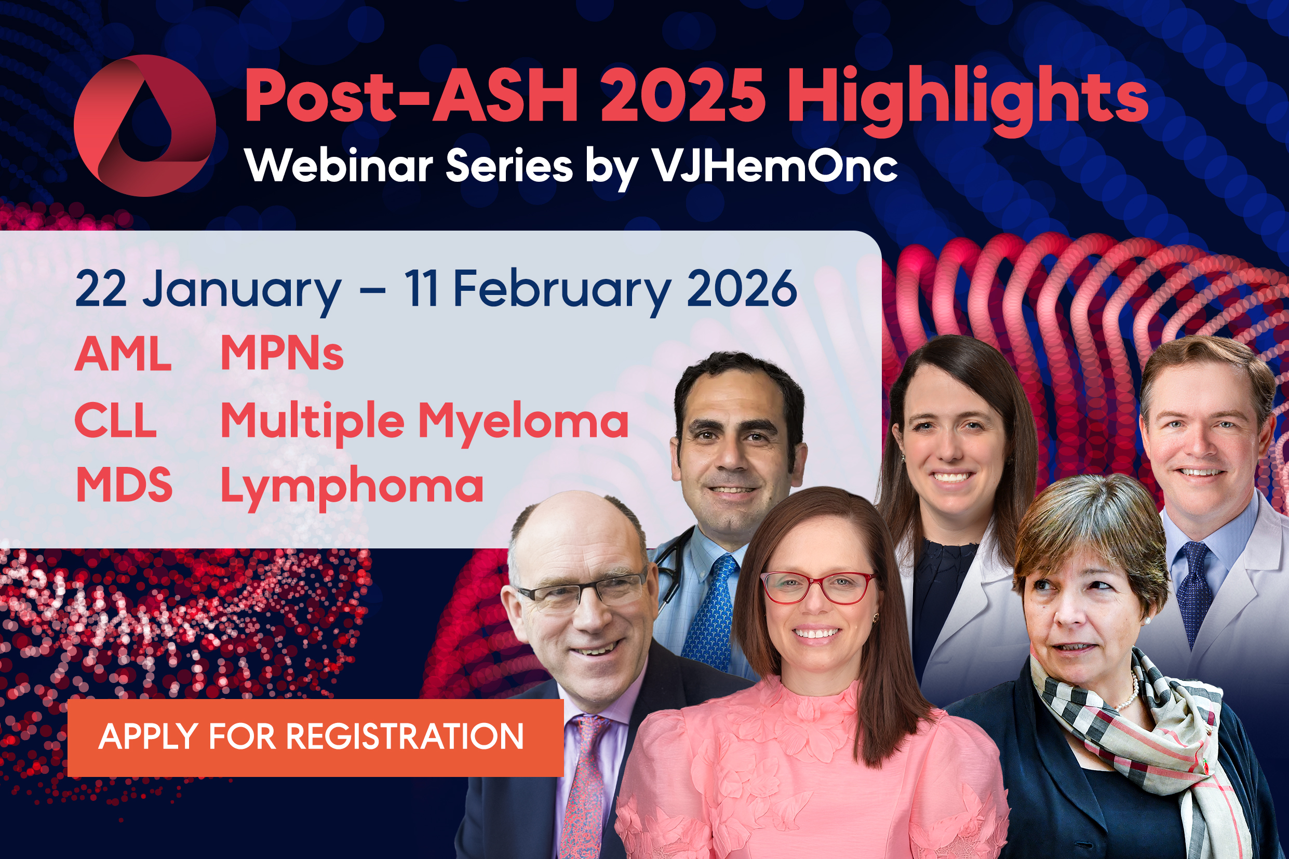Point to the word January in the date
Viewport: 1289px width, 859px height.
click(241, 289)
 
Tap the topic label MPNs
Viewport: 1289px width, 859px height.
click(281, 353)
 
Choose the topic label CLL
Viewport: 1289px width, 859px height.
click(116, 421)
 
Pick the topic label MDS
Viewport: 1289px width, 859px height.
click(124, 486)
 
